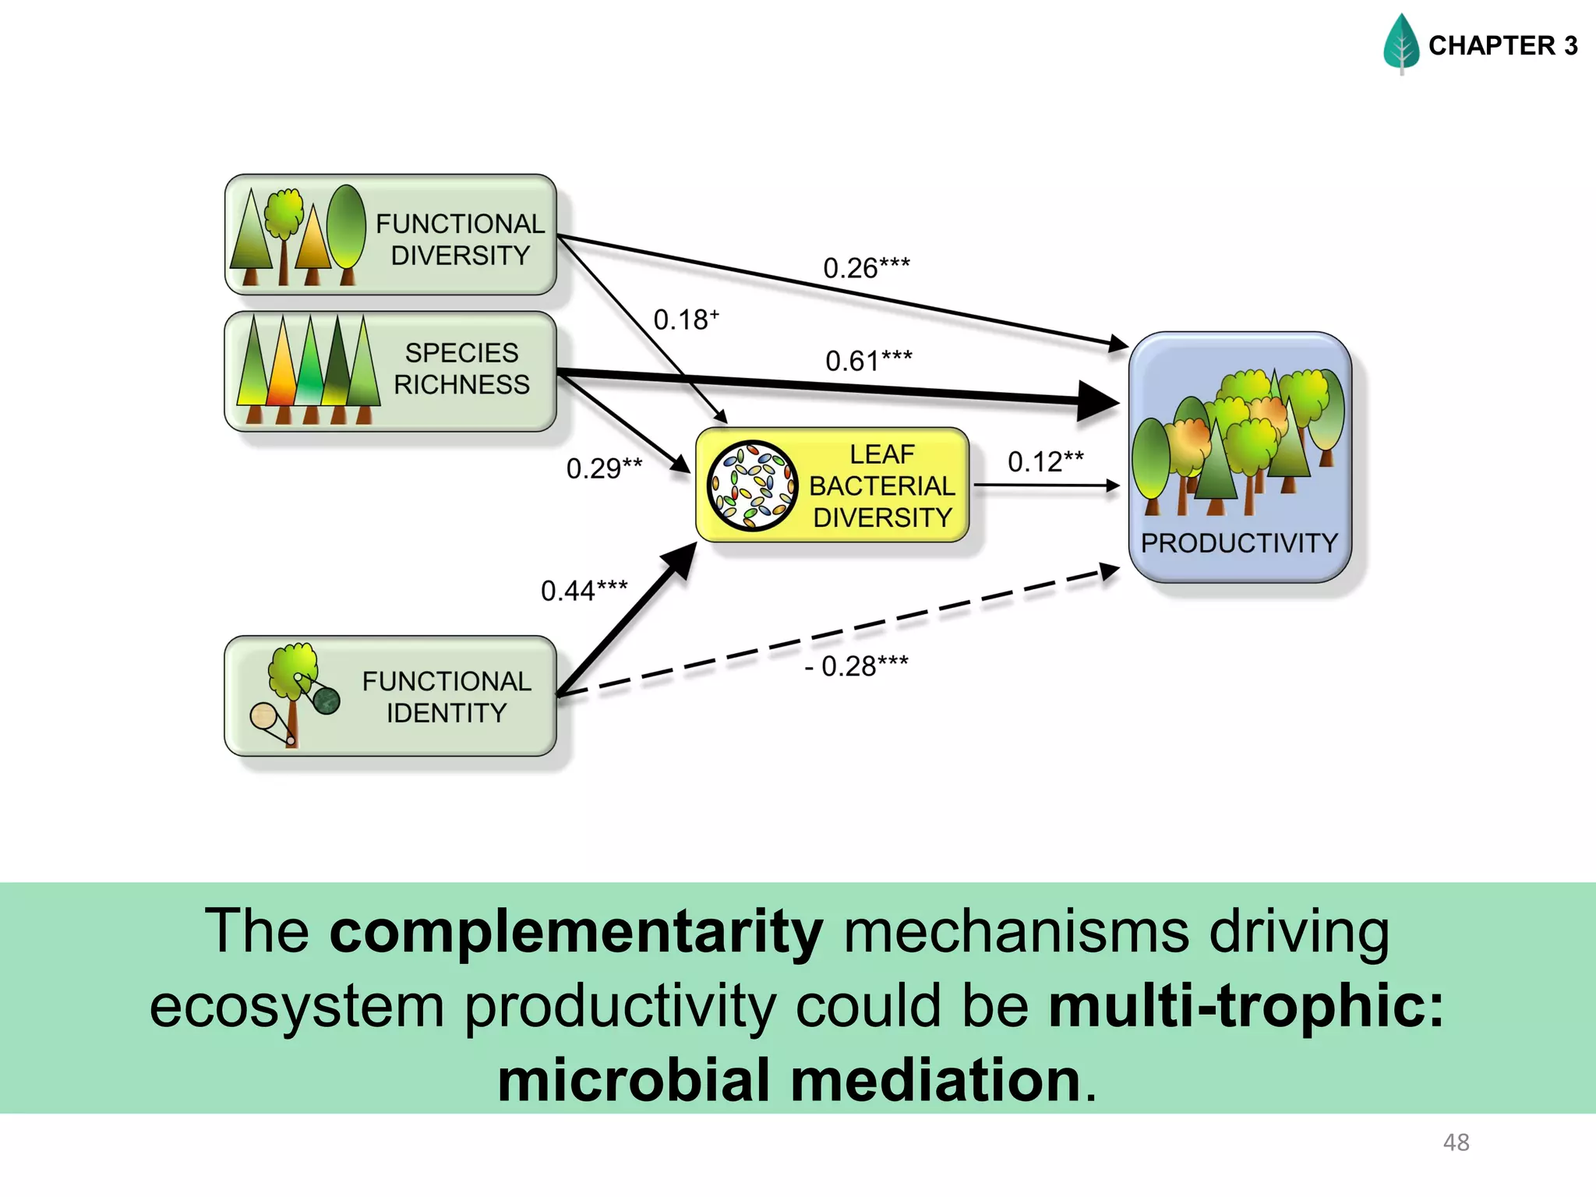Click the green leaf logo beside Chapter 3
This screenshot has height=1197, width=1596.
pyautogui.click(x=1401, y=44)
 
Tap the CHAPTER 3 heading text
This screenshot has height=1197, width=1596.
pyautogui.click(x=1502, y=46)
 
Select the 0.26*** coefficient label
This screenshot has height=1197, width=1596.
pyautogui.click(x=866, y=268)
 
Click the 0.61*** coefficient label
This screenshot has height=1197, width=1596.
pyautogui.click(x=868, y=361)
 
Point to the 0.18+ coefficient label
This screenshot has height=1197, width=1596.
pyautogui.click(x=685, y=320)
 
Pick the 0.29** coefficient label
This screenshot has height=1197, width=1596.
pyautogui.click(x=604, y=468)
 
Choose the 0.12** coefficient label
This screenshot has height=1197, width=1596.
pyautogui.click(x=1045, y=461)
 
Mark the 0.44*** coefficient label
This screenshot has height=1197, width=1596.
pyautogui.click(x=584, y=591)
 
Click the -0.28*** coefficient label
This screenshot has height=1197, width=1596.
pyautogui.click(x=856, y=666)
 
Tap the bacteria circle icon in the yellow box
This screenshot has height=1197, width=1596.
pyautogui.click(x=752, y=486)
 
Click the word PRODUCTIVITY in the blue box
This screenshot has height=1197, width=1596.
pyautogui.click(x=1239, y=543)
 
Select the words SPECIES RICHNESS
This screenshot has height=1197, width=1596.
pyautogui.click(x=461, y=369)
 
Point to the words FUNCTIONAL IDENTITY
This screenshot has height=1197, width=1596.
pyautogui.click(x=447, y=697)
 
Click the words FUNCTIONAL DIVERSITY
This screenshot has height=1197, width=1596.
pyautogui.click(x=460, y=239)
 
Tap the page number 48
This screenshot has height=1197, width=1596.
pyautogui.click(x=1456, y=1142)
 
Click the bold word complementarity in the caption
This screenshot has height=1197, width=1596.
pyautogui.click(x=576, y=931)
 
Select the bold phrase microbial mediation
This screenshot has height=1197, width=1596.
pyautogui.click(x=789, y=1081)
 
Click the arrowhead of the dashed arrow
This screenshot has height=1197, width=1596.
pyautogui.click(x=1109, y=571)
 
